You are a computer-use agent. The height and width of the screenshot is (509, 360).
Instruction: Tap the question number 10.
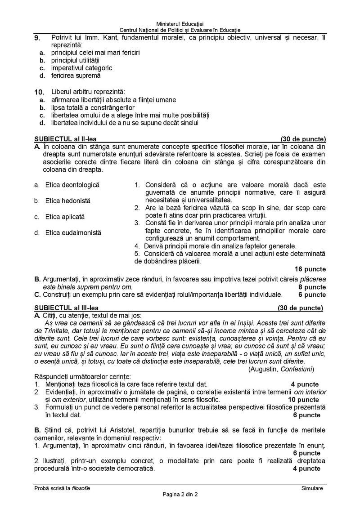point(39,92)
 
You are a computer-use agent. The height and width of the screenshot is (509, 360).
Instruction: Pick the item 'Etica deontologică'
point(72,185)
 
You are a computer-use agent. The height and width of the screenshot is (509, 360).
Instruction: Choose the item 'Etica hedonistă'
point(67,201)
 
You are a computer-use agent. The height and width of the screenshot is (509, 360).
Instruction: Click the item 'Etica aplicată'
point(65,217)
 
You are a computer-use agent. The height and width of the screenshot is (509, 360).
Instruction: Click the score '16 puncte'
point(310,269)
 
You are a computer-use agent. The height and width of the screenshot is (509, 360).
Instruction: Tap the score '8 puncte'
point(312,287)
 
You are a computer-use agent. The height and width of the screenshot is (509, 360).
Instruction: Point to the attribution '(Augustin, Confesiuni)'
point(281,369)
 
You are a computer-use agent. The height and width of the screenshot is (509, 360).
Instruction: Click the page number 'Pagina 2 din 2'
point(180,495)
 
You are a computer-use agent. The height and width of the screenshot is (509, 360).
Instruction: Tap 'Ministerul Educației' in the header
point(180,23)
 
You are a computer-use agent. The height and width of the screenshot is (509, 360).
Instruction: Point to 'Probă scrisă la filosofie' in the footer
point(62,488)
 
